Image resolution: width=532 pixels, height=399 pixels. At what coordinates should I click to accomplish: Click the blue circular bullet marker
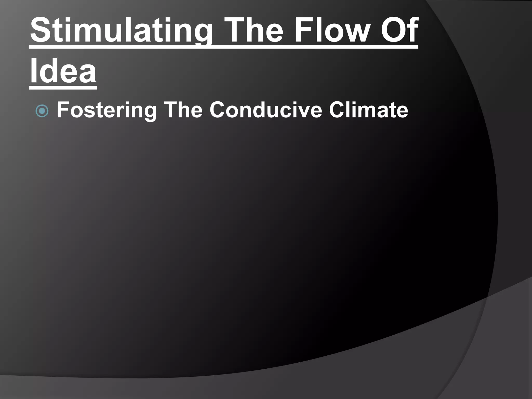pos(42,111)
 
